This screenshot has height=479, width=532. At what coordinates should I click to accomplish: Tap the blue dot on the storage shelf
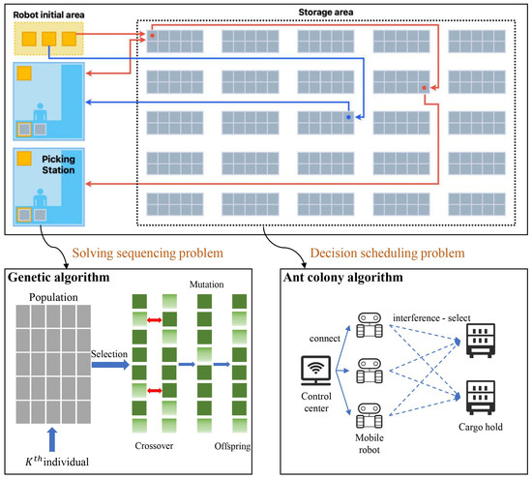point(349,116)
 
